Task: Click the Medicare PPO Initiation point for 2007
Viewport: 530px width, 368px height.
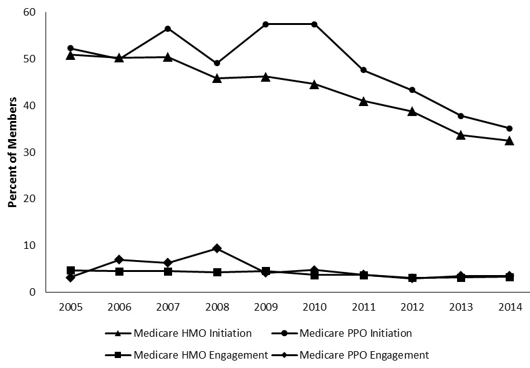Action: (168, 29)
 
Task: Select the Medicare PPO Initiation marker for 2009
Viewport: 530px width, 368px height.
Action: (266, 24)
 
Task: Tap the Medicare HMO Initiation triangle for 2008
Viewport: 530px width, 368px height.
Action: (217, 78)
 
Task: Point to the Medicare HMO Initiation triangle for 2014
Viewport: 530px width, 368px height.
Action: (509, 140)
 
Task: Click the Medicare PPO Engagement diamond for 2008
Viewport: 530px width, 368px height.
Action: (217, 248)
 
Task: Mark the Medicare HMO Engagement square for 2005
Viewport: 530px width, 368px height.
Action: (70, 270)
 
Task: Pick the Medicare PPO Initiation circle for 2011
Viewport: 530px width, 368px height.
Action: (363, 70)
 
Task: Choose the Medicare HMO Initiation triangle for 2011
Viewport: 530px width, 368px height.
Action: (363, 100)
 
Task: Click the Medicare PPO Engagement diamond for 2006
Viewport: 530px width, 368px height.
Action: (119, 259)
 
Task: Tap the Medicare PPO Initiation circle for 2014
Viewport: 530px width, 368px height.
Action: (509, 128)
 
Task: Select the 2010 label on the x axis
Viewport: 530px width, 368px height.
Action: (314, 307)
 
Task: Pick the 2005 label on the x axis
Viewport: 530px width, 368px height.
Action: (70, 307)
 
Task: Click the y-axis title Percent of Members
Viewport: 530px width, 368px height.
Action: (12, 152)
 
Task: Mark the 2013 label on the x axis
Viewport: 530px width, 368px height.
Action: (461, 307)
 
